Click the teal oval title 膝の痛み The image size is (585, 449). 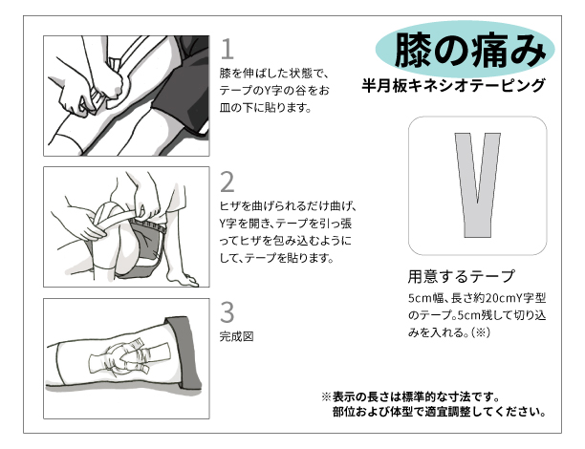tap(465, 50)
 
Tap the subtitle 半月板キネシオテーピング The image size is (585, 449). tap(453, 86)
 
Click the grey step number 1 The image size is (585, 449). tap(227, 50)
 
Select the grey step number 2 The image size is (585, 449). tap(227, 182)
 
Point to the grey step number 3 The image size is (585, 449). tap(227, 312)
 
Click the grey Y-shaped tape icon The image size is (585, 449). tap(477, 185)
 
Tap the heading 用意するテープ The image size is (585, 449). tap(461, 276)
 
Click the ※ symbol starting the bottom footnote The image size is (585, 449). tap(326, 396)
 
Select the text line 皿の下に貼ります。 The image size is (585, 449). tap(266, 108)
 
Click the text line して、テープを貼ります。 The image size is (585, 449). tap(276, 258)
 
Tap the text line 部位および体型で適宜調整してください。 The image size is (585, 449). tap(440, 412)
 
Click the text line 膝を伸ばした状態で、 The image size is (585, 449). tap(274, 74)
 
